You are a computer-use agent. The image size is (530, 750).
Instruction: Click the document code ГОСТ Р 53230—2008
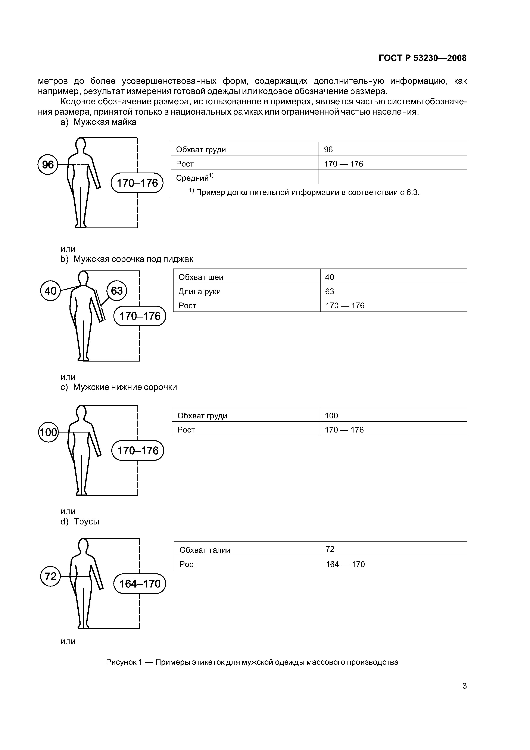pos(422,58)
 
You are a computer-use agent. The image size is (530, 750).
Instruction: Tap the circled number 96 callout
pos(48,164)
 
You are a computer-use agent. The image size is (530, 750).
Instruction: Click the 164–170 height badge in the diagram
pos(140,584)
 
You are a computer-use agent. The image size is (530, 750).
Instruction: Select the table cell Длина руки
pos(200,291)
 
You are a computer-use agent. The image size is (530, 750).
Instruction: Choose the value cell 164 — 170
pos(345,564)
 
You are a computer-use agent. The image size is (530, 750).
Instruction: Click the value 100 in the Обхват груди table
pos(331,415)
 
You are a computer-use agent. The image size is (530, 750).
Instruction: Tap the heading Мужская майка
pos(105,122)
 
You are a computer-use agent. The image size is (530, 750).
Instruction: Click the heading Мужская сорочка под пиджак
pos(133,259)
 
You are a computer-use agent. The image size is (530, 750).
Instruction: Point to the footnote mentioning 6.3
pos(304,192)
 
